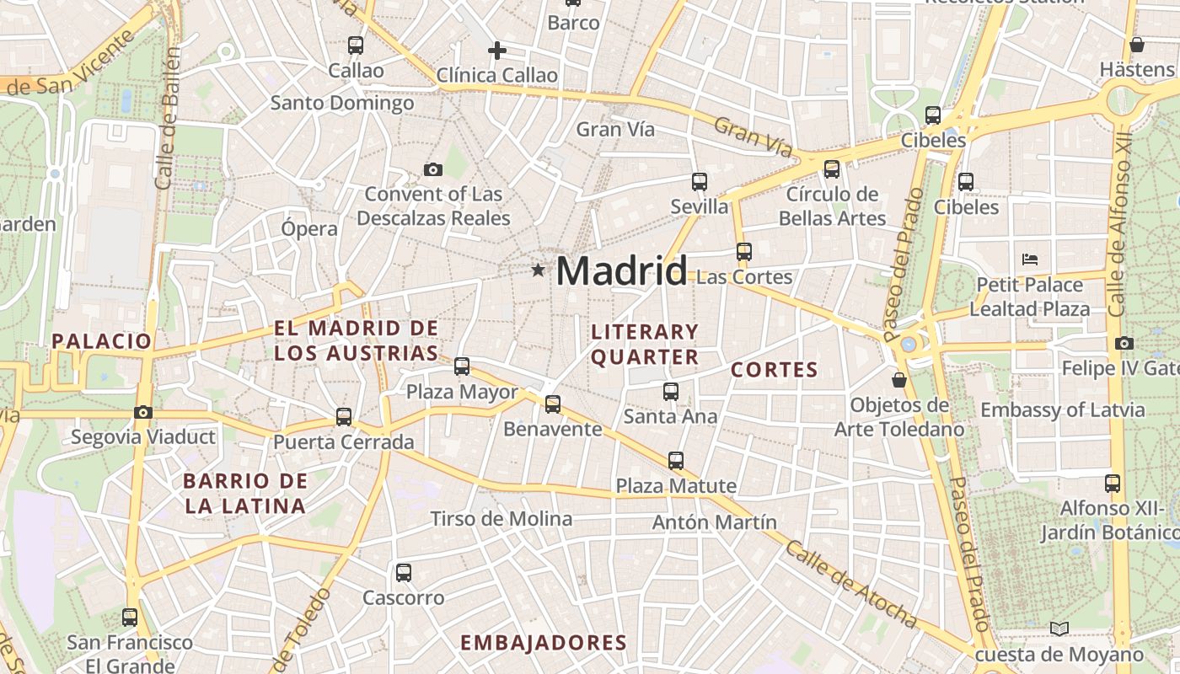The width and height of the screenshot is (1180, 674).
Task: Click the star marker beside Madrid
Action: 538,270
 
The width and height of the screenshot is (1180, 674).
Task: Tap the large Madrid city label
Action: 622,271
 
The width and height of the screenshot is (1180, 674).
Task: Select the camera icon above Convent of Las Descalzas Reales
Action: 433,169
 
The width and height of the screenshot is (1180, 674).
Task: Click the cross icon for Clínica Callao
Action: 497,51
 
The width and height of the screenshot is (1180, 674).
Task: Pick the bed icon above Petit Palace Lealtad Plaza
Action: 1029,259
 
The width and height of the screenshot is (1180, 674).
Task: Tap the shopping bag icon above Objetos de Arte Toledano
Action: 899,380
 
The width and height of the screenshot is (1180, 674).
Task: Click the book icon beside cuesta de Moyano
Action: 1059,629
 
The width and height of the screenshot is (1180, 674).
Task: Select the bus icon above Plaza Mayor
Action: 462,366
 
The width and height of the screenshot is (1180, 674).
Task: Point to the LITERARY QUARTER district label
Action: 645,344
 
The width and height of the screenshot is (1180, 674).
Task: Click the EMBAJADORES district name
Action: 544,643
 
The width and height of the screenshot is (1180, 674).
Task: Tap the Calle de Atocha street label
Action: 850,584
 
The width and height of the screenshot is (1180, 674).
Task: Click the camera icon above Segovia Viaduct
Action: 143,412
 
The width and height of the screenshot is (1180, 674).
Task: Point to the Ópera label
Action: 309,228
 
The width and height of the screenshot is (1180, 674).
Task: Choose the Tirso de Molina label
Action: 501,518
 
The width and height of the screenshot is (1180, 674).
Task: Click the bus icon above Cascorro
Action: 404,573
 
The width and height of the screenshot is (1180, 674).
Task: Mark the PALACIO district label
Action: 102,341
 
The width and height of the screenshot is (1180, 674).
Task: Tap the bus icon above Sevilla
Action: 699,181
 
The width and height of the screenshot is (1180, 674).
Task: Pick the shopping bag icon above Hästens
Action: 1137,45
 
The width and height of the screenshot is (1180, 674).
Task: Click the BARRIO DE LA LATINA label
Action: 244,494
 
